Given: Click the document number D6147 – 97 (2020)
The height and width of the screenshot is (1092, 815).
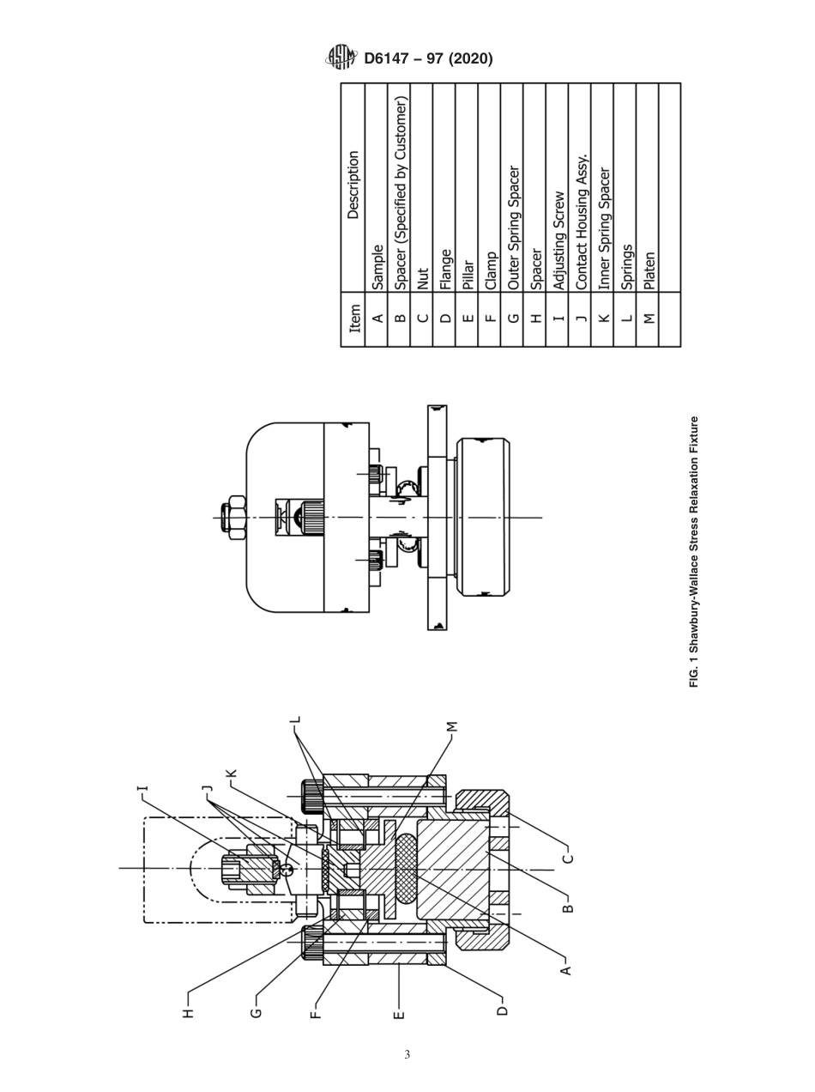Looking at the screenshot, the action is point(428,58).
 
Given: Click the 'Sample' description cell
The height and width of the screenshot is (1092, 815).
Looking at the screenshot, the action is point(377,265).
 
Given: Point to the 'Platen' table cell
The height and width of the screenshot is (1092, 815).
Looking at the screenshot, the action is point(647,271).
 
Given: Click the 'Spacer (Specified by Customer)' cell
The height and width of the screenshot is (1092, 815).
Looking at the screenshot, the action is point(399,194).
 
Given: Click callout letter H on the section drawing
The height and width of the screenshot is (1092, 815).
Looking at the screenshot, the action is point(189,1013).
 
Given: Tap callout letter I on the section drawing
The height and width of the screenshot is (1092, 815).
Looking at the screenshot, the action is point(142,788).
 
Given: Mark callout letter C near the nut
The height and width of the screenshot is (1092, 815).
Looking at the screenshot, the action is point(566,858).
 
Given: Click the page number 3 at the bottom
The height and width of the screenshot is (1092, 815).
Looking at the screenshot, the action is point(407,1054).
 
